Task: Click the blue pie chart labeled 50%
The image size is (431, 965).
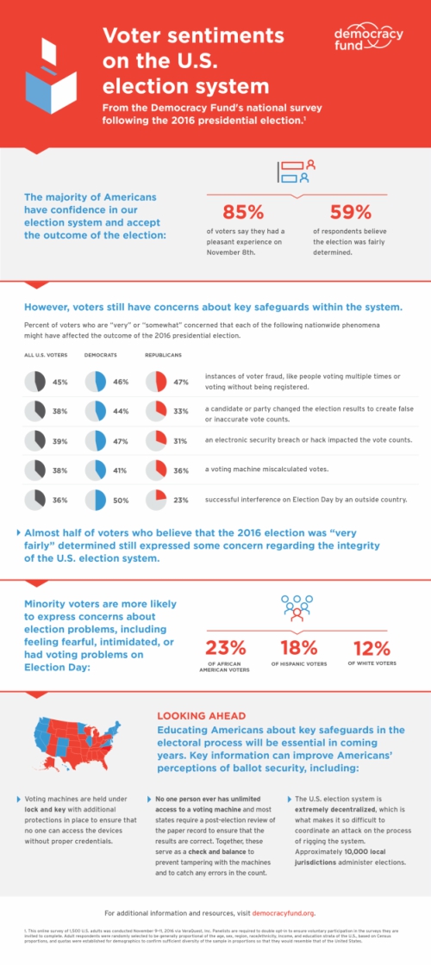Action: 95,499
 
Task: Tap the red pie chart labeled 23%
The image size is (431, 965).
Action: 156,499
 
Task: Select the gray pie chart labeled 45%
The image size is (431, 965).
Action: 34,382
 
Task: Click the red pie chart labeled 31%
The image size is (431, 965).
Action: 156,440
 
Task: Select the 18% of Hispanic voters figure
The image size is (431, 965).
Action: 298,647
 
